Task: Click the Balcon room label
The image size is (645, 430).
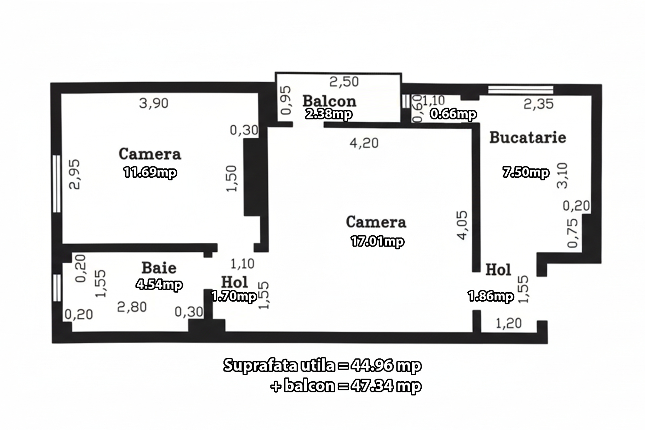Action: click(329, 101)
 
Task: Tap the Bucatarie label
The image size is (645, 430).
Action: click(527, 137)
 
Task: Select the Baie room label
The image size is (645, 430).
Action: click(159, 268)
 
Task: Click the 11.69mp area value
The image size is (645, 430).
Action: click(150, 172)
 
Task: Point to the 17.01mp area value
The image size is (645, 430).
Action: click(377, 241)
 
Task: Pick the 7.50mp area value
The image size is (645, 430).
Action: click(526, 172)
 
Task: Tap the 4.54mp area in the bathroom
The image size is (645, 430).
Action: click(159, 285)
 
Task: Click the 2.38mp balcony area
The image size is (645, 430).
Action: click(329, 114)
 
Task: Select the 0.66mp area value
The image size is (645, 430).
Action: click(453, 114)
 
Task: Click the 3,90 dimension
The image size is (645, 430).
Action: click(154, 103)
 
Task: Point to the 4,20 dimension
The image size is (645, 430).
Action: click(364, 143)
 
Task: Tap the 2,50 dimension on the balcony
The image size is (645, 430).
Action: click(344, 82)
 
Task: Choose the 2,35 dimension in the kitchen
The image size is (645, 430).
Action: click(539, 104)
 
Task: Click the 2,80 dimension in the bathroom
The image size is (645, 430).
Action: click(132, 307)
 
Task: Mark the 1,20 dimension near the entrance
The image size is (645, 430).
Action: click(509, 324)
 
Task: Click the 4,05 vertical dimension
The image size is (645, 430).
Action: click(462, 225)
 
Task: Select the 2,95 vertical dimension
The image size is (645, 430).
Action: click(75, 174)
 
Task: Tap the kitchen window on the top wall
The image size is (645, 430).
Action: click(520, 89)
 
